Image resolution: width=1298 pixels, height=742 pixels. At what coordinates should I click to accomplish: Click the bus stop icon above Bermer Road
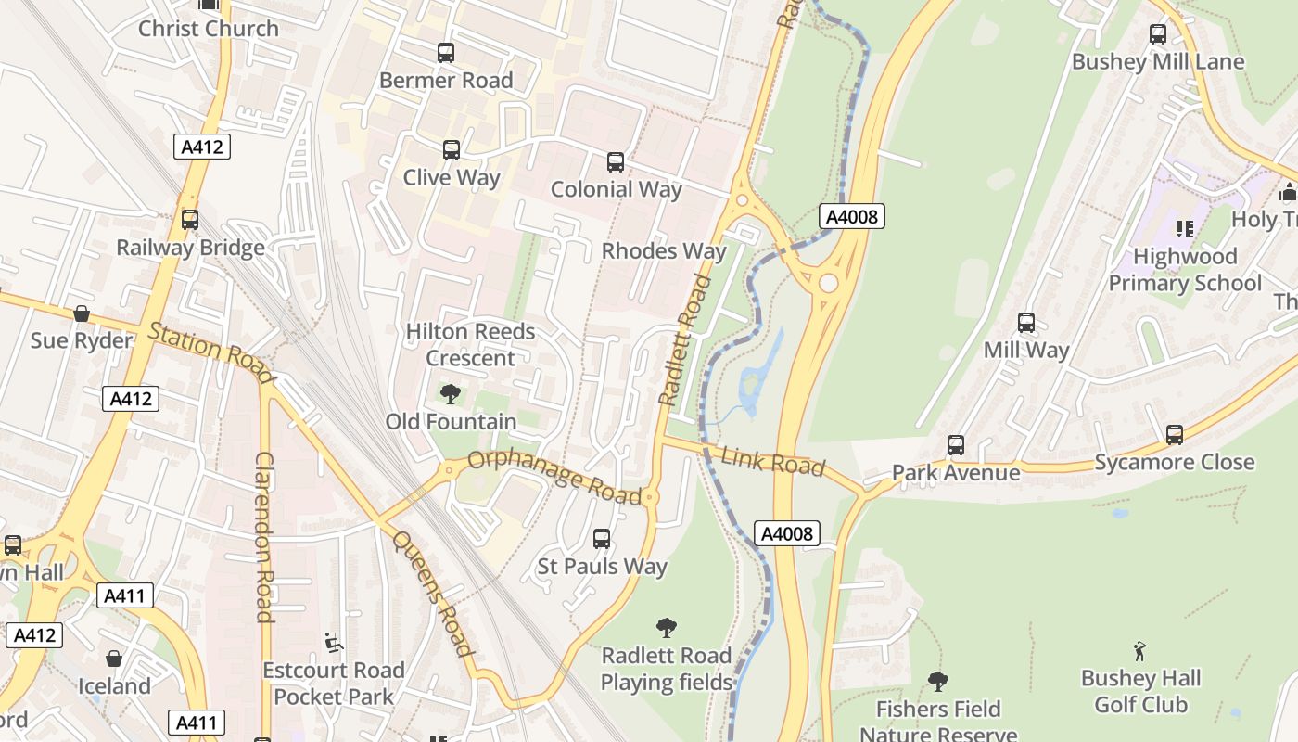446,53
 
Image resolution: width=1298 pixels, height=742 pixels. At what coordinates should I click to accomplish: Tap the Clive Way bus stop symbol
452,149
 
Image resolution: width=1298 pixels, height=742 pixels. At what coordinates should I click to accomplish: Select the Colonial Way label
616,189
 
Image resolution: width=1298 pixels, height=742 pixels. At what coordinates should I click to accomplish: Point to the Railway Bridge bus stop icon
190,220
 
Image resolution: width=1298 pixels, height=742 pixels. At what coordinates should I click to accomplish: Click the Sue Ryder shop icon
82,313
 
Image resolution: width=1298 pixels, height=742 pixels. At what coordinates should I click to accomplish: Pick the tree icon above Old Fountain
451,394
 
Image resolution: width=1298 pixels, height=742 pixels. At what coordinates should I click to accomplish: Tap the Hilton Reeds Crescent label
470,344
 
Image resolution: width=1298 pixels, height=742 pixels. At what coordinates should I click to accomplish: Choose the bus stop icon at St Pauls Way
602,538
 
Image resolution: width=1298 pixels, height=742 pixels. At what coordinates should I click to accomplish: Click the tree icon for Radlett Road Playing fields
666,628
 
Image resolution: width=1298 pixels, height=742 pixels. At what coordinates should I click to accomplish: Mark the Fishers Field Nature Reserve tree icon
938,682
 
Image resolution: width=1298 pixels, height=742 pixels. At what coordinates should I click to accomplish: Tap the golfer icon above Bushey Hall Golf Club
1140,651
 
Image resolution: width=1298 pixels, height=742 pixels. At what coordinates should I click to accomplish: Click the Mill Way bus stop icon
1026,323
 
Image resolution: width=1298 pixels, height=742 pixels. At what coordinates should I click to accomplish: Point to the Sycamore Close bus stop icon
1175,434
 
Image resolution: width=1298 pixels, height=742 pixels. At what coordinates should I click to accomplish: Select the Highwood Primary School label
1185,269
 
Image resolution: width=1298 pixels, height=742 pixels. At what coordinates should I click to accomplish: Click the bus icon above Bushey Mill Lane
1158,34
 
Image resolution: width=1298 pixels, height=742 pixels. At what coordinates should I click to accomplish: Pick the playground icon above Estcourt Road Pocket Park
333,642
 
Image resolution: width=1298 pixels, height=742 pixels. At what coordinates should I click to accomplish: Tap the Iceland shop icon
114,659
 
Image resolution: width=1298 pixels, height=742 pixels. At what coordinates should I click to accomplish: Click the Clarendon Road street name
264,537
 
